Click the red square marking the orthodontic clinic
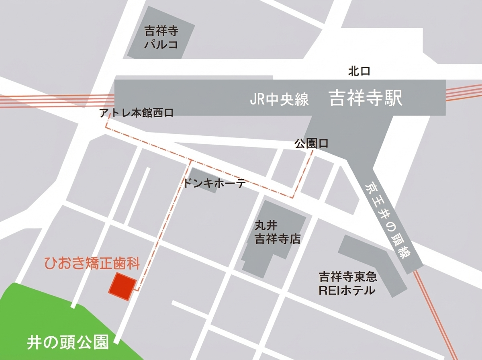coord(121,286)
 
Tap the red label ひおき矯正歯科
coord(92,265)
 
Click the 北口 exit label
coord(359,72)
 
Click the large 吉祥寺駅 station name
coord(365,98)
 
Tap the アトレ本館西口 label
coord(137,114)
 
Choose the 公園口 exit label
coord(311,143)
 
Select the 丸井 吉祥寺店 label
coord(278,233)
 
